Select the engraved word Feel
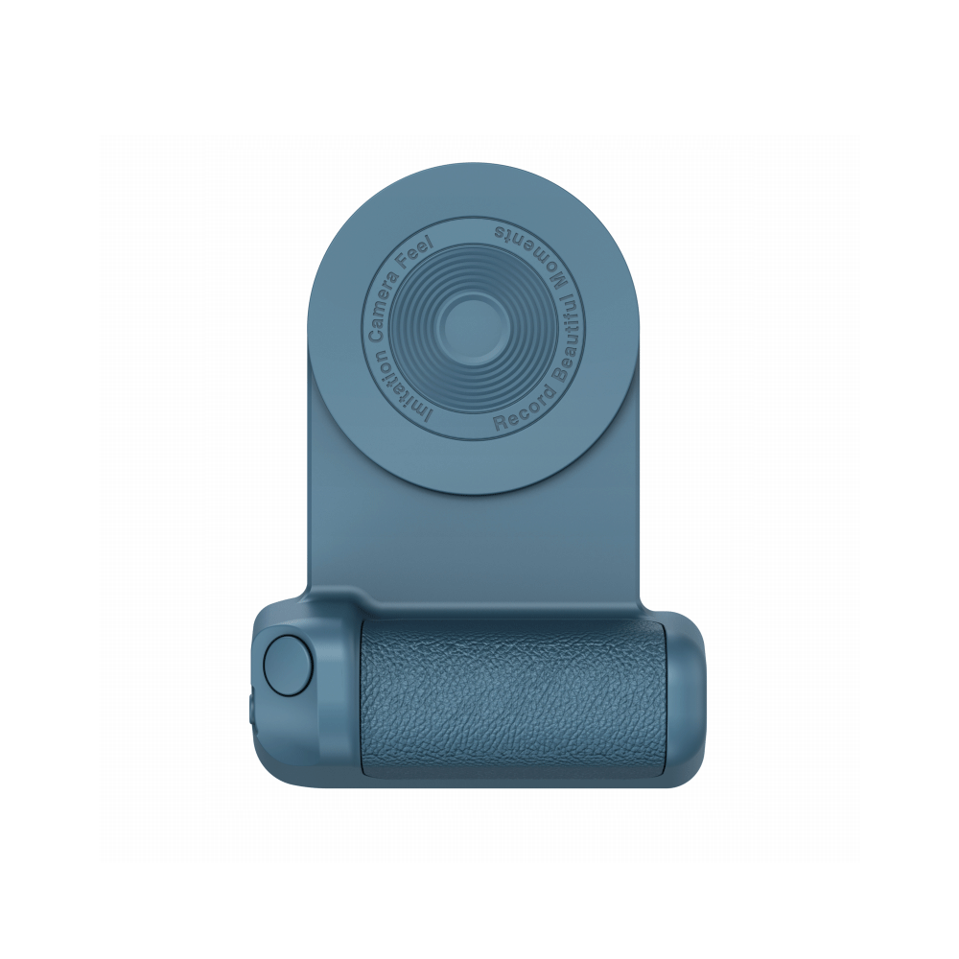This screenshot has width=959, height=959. pos(418,249)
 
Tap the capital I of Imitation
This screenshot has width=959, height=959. pos(428,419)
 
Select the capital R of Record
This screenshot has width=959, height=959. pos(501,423)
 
